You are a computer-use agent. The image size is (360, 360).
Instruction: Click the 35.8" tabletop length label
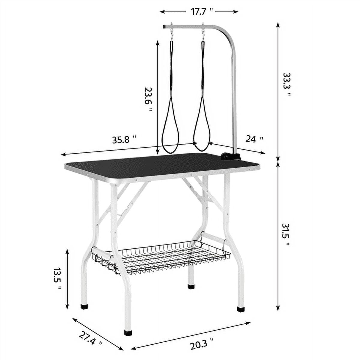(x=124, y=139)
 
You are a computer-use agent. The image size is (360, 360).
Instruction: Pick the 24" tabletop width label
(x=254, y=139)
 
